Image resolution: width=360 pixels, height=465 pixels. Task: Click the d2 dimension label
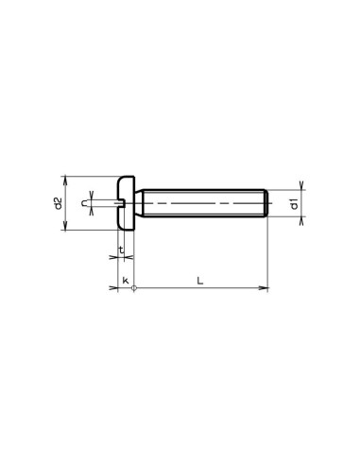point(58,202)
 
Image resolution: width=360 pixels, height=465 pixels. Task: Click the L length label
point(198,280)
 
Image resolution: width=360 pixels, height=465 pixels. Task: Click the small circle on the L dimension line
point(135,289)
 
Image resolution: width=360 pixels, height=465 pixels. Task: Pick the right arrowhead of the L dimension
point(266,289)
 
